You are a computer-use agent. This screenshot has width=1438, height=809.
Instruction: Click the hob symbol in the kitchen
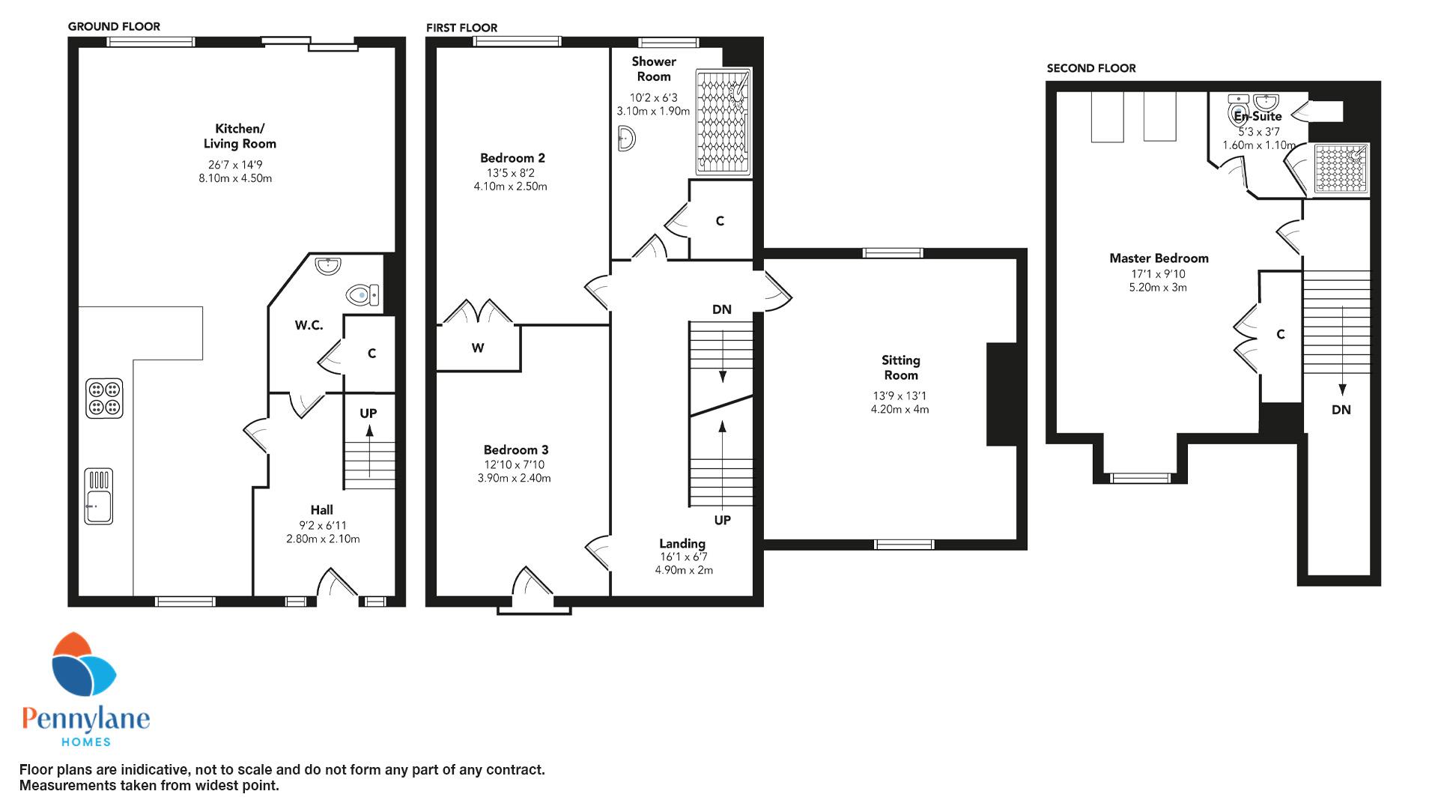[x=105, y=398]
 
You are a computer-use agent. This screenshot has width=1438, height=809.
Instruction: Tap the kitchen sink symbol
[x=99, y=496]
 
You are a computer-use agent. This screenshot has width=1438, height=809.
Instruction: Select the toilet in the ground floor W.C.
[x=363, y=294]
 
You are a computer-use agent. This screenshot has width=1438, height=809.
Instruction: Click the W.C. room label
[x=309, y=325]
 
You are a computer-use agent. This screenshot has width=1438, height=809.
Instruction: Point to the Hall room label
[x=322, y=510]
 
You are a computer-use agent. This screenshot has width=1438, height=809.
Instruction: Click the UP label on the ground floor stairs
[x=368, y=413]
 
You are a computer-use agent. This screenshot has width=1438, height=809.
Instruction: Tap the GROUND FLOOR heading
[x=114, y=26]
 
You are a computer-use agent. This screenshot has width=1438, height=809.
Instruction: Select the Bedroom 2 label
[x=512, y=158]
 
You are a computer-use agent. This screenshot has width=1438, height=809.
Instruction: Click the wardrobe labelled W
[x=479, y=348]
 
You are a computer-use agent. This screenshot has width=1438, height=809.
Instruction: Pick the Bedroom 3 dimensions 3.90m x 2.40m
[x=514, y=478]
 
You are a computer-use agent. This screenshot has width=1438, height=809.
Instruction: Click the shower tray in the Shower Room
[x=723, y=121]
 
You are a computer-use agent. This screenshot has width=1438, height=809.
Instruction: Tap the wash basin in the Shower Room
[x=627, y=139]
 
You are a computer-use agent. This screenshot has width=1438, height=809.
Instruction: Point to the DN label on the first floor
[x=722, y=309]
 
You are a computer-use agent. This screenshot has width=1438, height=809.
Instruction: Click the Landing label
[x=682, y=544]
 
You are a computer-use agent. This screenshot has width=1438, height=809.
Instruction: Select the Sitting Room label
[x=900, y=368]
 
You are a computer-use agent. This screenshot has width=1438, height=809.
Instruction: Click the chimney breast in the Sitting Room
[x=1002, y=395]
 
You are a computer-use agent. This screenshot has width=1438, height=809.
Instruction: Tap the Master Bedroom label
[x=1159, y=258]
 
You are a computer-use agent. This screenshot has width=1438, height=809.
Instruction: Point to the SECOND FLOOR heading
[x=1091, y=68]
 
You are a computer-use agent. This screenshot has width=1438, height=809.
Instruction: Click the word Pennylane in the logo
[x=86, y=719]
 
